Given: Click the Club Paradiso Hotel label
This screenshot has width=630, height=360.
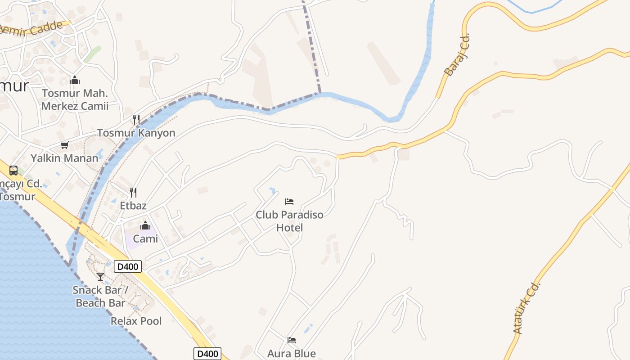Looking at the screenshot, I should (289, 221).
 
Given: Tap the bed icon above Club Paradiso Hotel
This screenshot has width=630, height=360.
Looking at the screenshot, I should (289, 202).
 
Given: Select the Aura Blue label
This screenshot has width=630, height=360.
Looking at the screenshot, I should (292, 353).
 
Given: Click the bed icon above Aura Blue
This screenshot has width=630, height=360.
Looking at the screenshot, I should (292, 340).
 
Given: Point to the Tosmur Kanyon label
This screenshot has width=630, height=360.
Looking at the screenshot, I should (136, 133).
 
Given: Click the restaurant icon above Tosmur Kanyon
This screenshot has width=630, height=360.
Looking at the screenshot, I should (136, 119).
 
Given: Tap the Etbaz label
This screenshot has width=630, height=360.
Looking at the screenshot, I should (133, 206).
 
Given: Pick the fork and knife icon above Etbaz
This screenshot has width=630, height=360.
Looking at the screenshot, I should (133, 193).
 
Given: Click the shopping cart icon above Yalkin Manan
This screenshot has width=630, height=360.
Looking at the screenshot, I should (64, 145).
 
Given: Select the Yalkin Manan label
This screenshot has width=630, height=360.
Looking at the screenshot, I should (64, 158).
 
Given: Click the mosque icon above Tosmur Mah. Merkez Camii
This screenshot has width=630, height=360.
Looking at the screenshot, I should (75, 81).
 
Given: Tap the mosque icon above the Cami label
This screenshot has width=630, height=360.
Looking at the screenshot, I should (145, 225).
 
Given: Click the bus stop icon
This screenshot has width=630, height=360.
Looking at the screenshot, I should (13, 171).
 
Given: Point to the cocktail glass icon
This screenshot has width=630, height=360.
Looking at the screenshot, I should (100, 276).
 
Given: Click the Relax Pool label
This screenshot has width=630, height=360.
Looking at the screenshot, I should (136, 321).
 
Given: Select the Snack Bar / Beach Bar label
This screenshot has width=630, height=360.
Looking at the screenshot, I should (100, 296).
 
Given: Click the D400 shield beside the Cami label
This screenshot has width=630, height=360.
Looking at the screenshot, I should (128, 266).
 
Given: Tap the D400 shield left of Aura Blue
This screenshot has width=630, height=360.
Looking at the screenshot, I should (207, 354).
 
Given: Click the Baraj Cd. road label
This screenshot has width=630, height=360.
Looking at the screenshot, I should (456, 55).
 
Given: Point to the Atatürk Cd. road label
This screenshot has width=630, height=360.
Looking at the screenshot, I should (526, 308).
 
